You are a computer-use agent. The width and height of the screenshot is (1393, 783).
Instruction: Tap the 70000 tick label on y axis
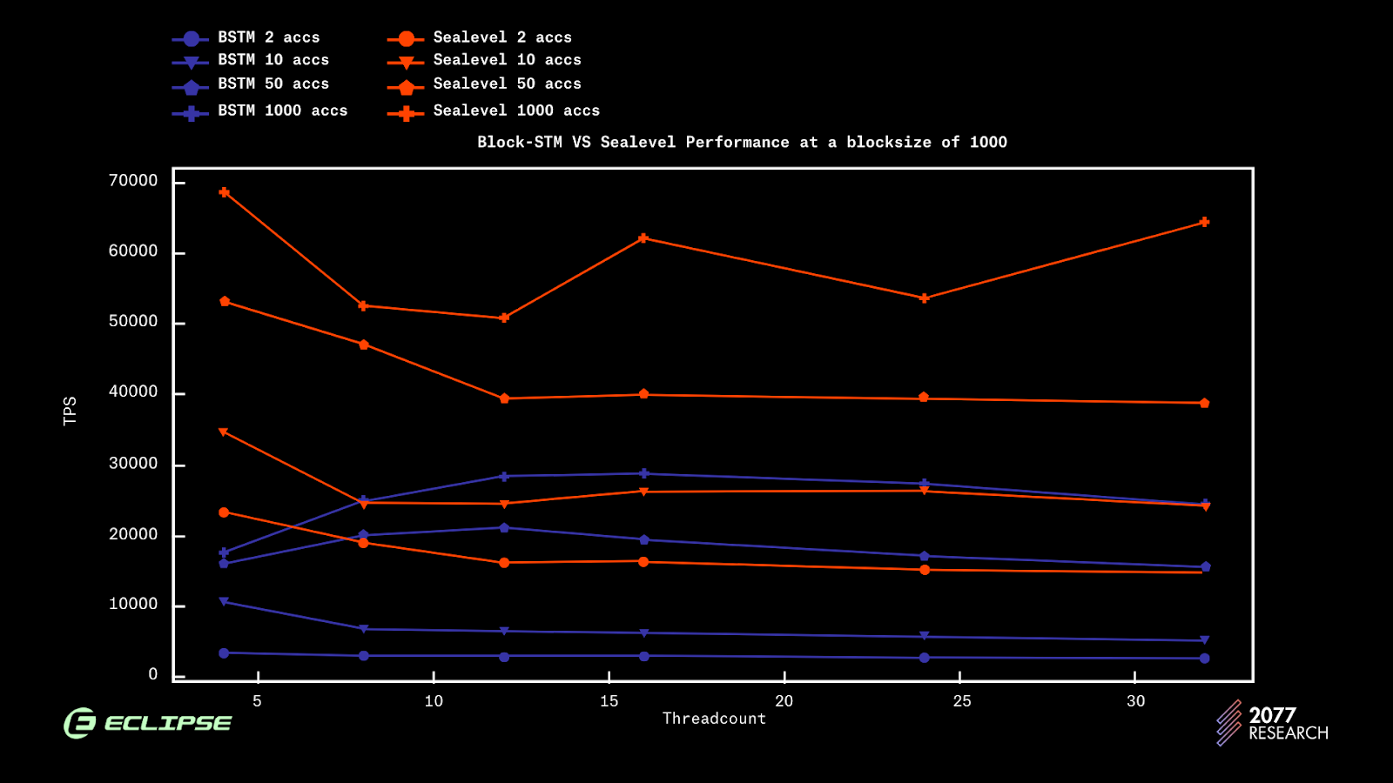click(133, 181)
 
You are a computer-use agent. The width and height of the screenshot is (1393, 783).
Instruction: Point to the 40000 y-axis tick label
click(133, 392)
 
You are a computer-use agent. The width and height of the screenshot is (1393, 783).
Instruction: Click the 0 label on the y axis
click(153, 674)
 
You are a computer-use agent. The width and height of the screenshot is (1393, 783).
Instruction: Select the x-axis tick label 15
click(609, 701)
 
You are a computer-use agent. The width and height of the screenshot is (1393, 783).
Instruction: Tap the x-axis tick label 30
click(1135, 701)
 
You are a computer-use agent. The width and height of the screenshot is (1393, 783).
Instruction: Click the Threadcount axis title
click(714, 719)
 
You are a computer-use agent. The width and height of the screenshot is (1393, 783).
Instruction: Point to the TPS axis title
click(71, 411)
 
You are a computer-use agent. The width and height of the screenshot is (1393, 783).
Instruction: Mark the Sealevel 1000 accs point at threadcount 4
click(225, 192)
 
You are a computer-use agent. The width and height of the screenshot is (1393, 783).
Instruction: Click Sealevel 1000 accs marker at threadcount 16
click(643, 238)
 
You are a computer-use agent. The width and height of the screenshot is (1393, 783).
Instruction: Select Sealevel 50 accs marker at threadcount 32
click(1204, 403)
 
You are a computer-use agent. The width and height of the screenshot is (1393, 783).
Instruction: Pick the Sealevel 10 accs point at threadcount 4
click(224, 432)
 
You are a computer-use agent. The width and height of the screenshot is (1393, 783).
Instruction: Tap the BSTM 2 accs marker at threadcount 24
click(925, 658)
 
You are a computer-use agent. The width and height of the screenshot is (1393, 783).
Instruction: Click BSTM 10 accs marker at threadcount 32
click(1204, 640)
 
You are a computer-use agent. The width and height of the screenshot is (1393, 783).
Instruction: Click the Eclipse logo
click(148, 723)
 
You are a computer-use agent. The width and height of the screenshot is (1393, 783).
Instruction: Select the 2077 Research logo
click(1272, 724)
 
